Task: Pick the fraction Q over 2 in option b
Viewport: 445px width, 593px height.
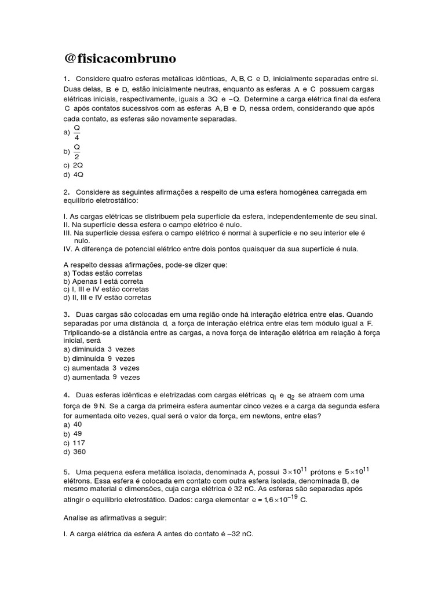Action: coord(76,151)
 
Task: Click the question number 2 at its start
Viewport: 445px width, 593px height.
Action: coord(66,192)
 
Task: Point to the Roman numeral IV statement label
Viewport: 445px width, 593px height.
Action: coord(67,249)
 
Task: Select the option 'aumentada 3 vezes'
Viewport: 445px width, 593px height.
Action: coord(101,368)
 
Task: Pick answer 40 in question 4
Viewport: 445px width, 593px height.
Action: coord(77,424)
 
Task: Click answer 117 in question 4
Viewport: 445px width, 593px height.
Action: coord(79,443)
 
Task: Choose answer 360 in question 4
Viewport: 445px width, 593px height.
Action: coord(79,452)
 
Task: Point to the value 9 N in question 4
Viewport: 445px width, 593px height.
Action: coord(100,406)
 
